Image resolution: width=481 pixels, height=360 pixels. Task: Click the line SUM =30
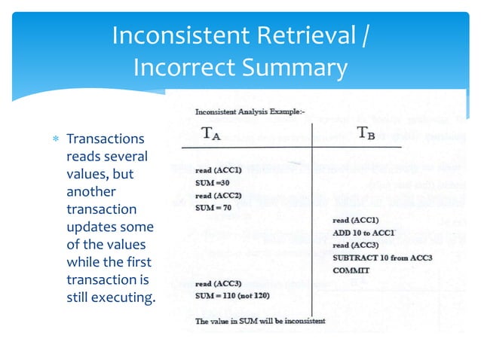[212, 182]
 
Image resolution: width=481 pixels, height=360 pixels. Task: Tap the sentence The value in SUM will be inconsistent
[260, 321]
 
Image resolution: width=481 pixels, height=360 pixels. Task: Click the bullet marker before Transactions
[56, 140]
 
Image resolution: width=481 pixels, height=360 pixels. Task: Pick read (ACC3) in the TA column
[218, 283]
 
